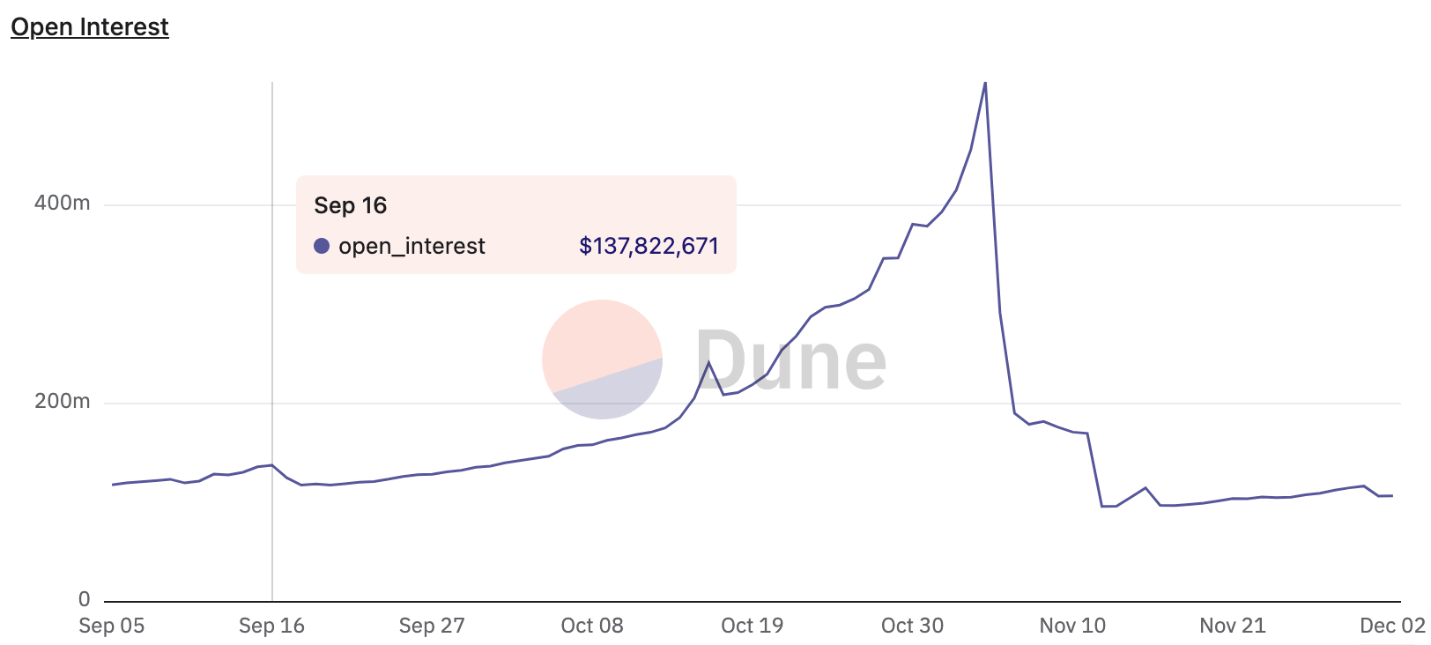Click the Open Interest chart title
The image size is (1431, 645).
click(89, 27)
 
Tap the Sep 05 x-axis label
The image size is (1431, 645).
click(112, 626)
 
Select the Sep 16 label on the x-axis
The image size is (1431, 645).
click(271, 626)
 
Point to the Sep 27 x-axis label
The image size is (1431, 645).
click(432, 626)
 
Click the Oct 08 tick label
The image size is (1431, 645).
click(592, 626)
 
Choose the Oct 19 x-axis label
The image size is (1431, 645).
click(752, 626)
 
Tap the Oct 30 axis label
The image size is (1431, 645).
click(912, 626)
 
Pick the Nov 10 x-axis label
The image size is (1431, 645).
click(1072, 626)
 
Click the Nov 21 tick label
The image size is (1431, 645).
click(1233, 626)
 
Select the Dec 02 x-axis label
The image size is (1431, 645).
click(1392, 626)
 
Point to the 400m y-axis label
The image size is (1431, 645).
click(62, 203)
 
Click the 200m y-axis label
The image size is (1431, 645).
click(62, 401)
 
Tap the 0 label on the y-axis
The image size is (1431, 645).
click(85, 599)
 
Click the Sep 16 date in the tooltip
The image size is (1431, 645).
click(351, 205)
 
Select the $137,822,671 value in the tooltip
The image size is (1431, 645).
click(649, 246)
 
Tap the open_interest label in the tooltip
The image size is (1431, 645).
click(412, 246)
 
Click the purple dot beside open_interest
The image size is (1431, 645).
click(322, 246)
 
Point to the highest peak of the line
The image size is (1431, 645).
click(984, 84)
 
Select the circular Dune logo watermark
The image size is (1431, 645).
click(602, 360)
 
